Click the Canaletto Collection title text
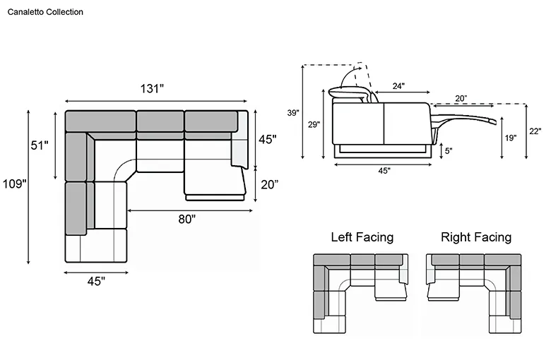(x=45, y=12)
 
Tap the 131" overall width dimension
(x=152, y=88)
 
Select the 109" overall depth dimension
(x=14, y=184)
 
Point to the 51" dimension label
(x=40, y=145)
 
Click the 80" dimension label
(x=186, y=219)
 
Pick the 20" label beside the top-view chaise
(x=270, y=184)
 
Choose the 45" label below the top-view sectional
(x=96, y=282)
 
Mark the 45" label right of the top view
(x=268, y=140)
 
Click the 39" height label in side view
(x=293, y=113)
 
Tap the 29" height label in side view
(x=314, y=124)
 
